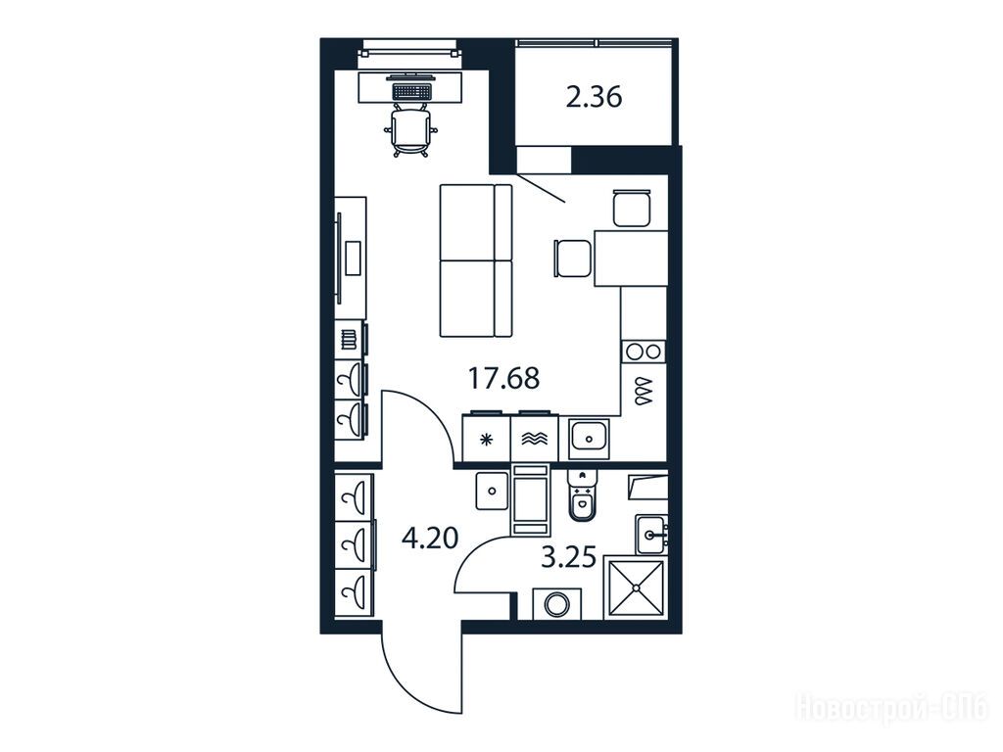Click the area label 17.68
point(504,378)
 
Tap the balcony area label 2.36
point(594,98)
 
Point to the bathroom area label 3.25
point(569,557)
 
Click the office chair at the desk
point(410,131)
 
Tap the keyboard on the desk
point(410,91)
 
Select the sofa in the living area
point(476,260)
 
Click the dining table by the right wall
point(631,258)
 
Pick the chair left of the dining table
point(573,258)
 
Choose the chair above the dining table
point(632,208)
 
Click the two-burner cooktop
point(644,352)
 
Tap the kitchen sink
point(589,438)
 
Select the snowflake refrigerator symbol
point(487,440)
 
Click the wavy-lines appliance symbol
point(534,439)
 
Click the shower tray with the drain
point(636,587)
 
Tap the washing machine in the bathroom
point(556,603)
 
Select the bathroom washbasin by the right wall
point(651,534)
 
